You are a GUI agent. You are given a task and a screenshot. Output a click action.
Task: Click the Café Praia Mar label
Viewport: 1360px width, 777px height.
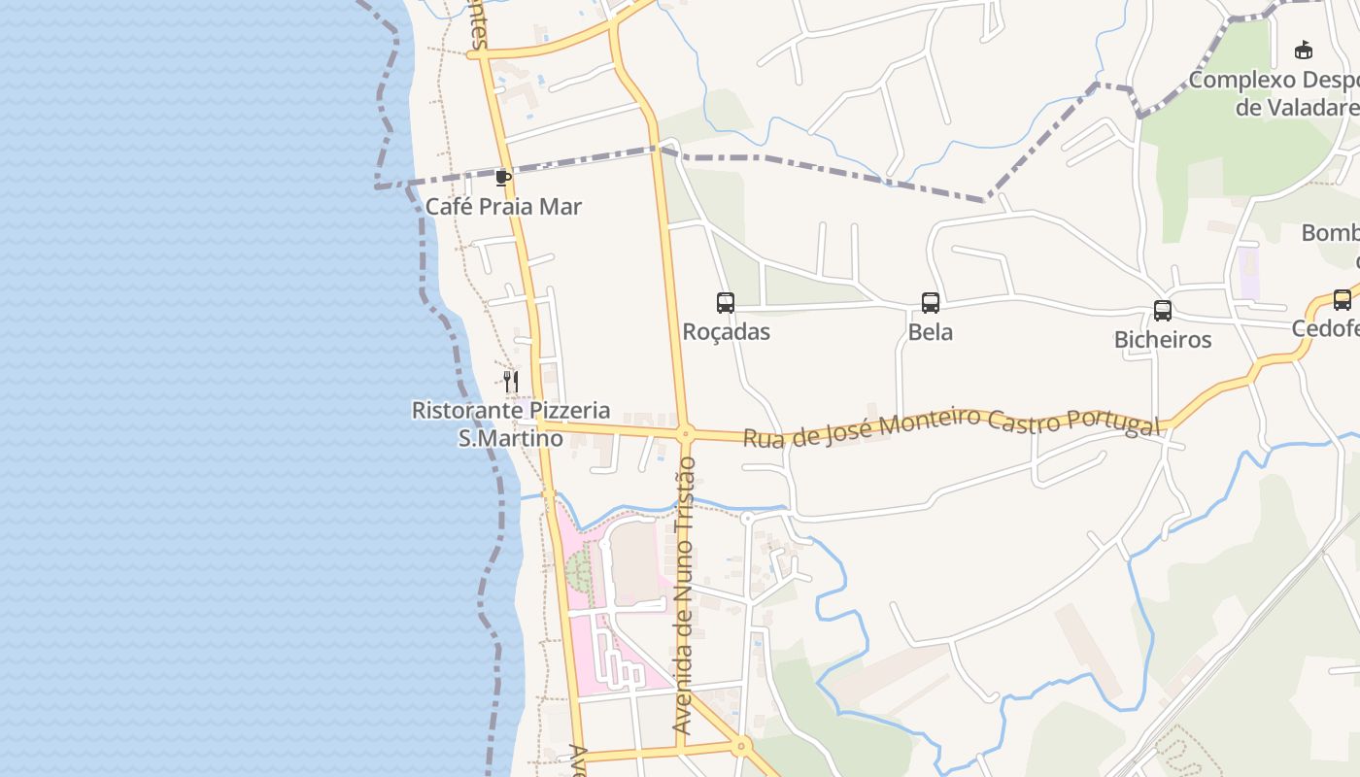point(503,207)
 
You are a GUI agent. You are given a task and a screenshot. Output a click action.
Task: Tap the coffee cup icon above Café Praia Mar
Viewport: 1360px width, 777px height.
point(502,178)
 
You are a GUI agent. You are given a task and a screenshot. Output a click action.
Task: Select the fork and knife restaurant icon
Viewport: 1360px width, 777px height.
point(511,381)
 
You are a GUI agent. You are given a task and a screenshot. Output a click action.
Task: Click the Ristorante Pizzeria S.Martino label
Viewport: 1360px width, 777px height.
point(511,424)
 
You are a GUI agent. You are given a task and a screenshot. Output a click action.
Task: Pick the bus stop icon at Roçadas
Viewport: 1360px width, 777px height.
point(726,303)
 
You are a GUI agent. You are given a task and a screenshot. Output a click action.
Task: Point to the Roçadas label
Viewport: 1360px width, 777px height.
point(727,332)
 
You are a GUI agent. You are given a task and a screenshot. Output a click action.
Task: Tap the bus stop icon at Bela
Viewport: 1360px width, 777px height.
point(931,303)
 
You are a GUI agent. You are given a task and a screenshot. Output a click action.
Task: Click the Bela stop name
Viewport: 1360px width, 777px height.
point(931,332)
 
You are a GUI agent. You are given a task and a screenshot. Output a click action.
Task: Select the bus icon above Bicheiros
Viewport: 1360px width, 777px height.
point(1163,311)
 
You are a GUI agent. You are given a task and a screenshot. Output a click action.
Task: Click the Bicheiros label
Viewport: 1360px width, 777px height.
point(1163,340)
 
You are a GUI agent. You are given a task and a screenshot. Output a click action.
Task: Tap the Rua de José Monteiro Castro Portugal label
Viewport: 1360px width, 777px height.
point(952,427)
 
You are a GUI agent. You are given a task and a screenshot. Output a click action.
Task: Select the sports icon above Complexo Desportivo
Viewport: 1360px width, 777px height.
point(1304,51)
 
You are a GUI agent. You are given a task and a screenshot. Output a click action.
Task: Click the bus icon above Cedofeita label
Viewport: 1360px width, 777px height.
point(1343,300)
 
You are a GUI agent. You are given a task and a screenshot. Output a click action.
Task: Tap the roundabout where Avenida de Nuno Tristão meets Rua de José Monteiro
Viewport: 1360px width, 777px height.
point(685,434)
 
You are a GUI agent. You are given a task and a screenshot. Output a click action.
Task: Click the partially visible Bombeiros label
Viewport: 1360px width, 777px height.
point(1331,234)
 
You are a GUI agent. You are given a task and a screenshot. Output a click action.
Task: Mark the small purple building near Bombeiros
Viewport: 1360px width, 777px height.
point(1247,273)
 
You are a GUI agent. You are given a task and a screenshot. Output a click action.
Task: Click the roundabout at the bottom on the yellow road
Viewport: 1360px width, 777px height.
point(741,746)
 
